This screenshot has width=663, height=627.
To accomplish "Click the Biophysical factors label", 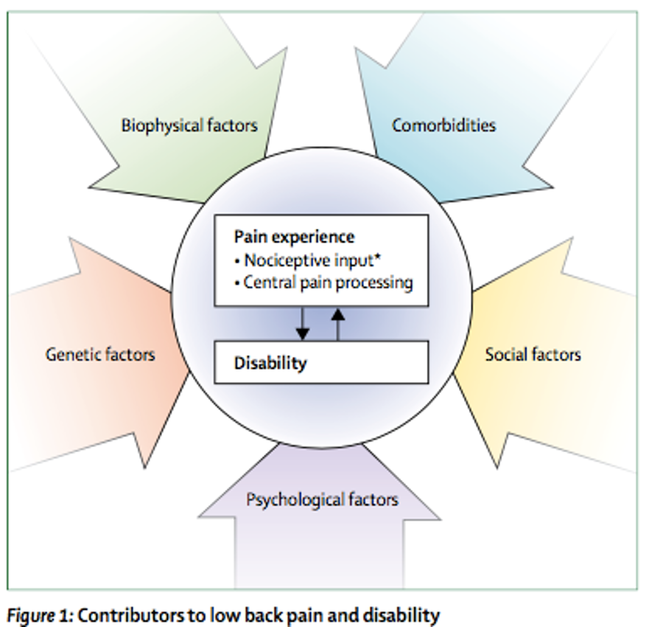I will click(x=189, y=125).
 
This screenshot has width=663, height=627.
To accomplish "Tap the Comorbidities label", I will click(x=443, y=125).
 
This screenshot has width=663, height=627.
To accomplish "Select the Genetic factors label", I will click(x=100, y=354).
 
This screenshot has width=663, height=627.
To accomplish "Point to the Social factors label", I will click(x=533, y=354).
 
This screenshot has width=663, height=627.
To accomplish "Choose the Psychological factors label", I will click(x=322, y=499).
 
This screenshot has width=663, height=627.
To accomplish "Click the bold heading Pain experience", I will click(x=294, y=237).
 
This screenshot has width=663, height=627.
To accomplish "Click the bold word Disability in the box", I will click(x=270, y=363).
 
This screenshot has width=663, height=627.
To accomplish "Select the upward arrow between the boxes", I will click(x=337, y=323).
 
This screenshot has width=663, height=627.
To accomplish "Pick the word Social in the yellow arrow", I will click(x=506, y=354).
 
